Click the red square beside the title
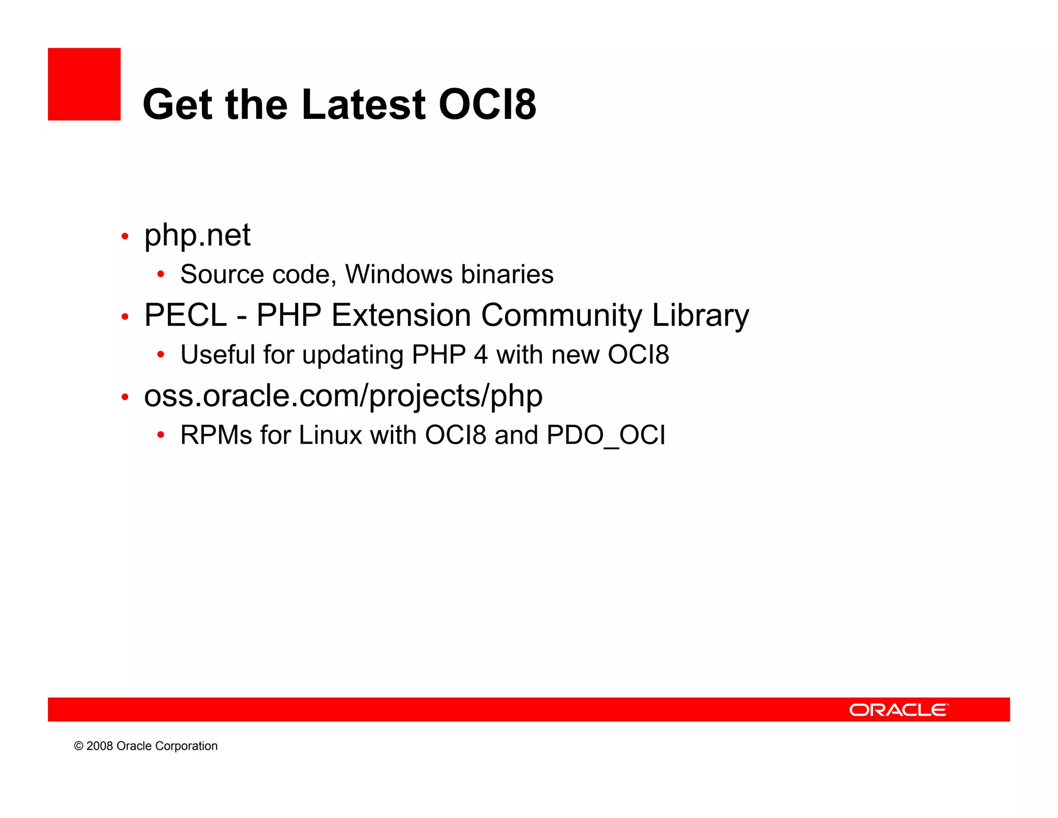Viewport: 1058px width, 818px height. pyautogui.click(x=84, y=84)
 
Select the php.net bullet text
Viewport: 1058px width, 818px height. pyautogui.click(x=197, y=236)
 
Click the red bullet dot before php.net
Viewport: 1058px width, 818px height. pyautogui.click(x=125, y=237)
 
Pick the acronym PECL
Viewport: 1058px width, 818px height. pyautogui.click(x=185, y=315)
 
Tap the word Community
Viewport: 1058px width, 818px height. pyautogui.click(x=561, y=315)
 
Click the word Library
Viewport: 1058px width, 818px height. pyautogui.click(x=700, y=315)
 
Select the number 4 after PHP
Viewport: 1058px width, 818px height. pyautogui.click(x=480, y=355)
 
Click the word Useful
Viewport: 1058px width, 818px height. pyautogui.click(x=217, y=355)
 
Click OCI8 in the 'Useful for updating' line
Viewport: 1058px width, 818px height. pyautogui.click(x=638, y=355)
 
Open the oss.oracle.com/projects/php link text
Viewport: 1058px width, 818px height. pyautogui.click(x=343, y=396)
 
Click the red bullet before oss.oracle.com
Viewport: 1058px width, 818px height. pyautogui.click(x=125, y=397)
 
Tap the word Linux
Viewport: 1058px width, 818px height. pyautogui.click(x=330, y=435)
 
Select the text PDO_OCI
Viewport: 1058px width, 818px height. pyautogui.click(x=605, y=435)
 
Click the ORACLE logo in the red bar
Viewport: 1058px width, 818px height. pyautogui.click(x=898, y=709)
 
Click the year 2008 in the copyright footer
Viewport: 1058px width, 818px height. pyautogui.click(x=99, y=746)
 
